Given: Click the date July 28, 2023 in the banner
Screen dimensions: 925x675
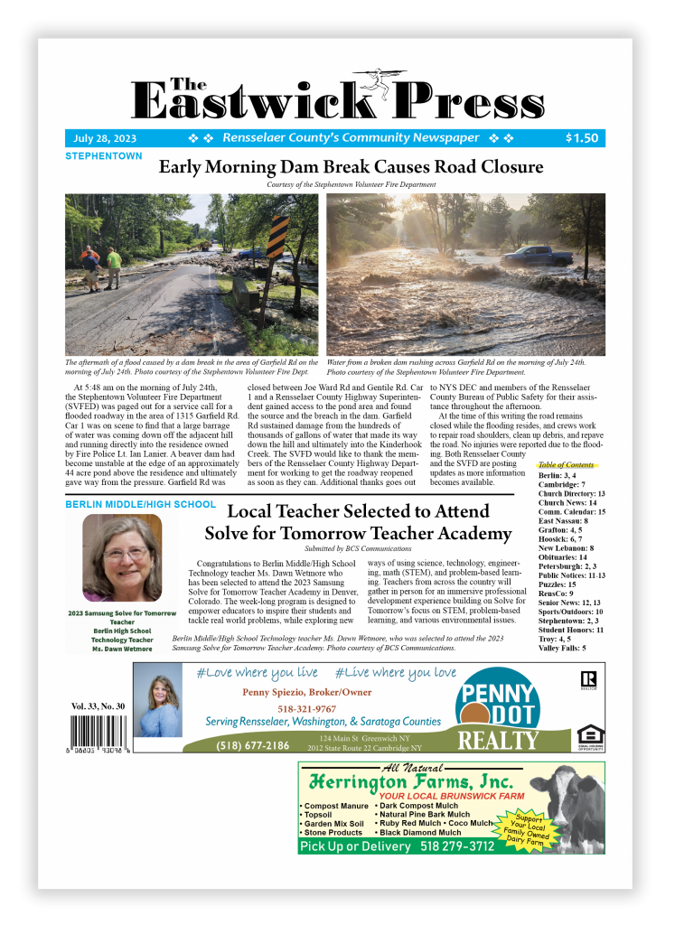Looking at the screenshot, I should click(x=105, y=138).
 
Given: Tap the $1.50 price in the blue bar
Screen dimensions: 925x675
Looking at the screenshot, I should click(x=581, y=138).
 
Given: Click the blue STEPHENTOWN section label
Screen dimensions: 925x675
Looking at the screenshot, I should click(x=103, y=156).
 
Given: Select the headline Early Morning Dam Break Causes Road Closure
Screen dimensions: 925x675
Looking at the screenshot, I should click(x=351, y=167).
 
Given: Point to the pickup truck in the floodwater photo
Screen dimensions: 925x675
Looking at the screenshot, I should click(x=539, y=256).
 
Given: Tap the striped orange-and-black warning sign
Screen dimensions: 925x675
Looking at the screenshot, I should click(x=277, y=237).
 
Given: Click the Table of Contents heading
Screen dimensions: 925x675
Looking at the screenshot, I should click(x=566, y=464).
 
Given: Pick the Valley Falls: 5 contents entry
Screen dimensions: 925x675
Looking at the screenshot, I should click(x=562, y=648).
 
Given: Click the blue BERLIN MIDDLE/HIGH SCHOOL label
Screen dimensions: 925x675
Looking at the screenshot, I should click(x=140, y=504).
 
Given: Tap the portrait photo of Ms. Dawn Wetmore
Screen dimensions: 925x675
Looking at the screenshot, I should click(x=122, y=558).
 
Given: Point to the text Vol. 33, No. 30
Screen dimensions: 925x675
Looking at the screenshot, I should click(x=100, y=705).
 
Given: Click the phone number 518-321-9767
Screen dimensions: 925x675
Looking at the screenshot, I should click(x=305, y=709).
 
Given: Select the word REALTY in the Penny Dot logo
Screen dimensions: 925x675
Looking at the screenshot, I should click(x=497, y=741).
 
